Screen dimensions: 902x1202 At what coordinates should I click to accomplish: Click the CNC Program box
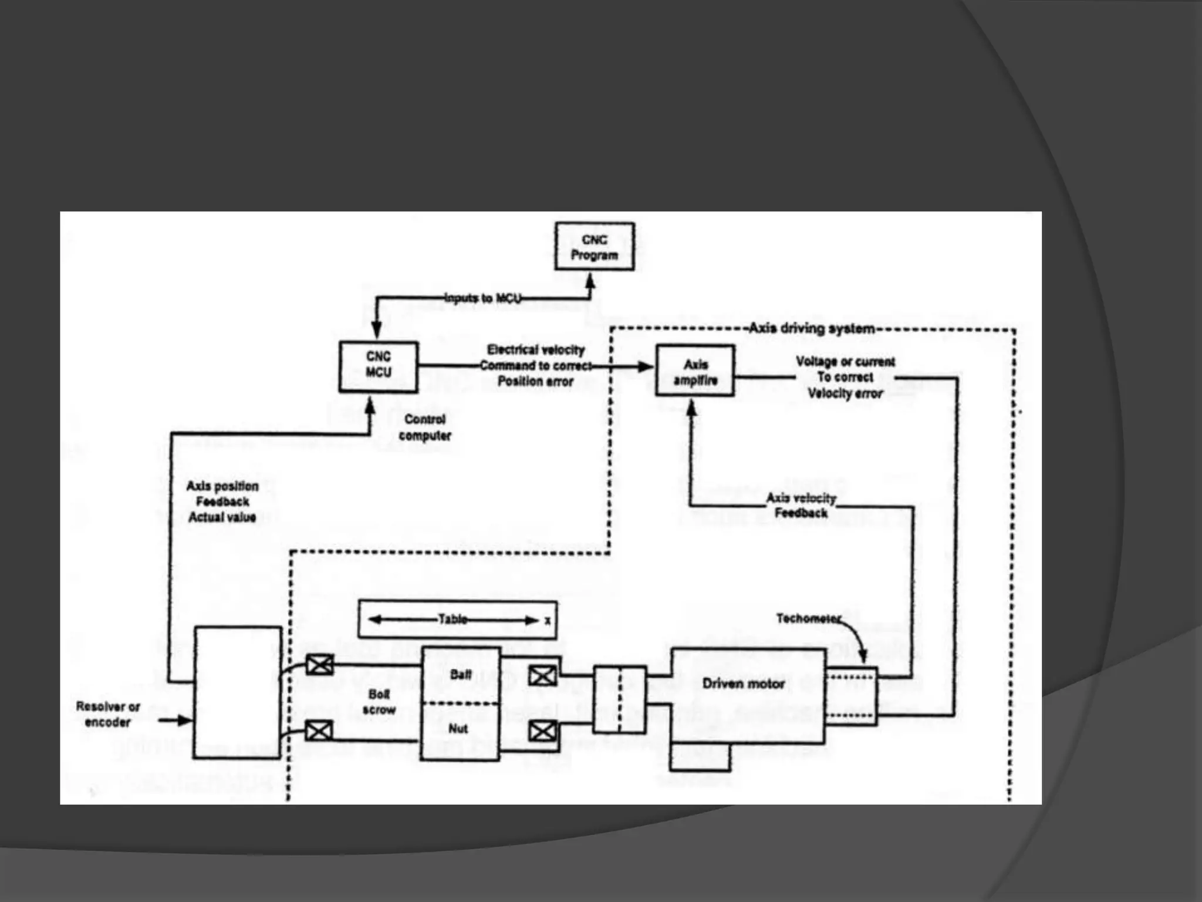tap(595, 247)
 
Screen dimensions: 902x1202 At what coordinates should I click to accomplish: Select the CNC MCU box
tap(379, 366)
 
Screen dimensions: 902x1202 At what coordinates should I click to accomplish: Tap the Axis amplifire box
tap(695, 371)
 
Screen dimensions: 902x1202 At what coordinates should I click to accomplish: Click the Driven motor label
tap(743, 684)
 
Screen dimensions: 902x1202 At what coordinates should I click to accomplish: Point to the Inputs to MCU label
tap(482, 298)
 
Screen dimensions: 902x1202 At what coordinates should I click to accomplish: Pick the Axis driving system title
tap(812, 328)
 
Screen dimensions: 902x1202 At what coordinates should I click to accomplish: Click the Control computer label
tap(425, 428)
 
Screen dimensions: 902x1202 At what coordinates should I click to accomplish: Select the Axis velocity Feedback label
tap(801, 505)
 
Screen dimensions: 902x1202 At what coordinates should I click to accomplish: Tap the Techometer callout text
tap(808, 618)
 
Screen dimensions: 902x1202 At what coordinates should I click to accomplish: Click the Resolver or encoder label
tap(108, 714)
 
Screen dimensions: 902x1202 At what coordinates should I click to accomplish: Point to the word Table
tap(453, 619)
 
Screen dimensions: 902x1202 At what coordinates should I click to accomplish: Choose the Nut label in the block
tap(458, 729)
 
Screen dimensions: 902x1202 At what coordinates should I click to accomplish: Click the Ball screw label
tap(379, 702)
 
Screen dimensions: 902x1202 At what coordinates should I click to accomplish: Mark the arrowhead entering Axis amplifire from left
tap(646, 367)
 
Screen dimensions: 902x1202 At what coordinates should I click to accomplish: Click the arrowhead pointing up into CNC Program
tap(590, 282)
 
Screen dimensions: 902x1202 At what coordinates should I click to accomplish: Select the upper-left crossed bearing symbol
tap(320, 665)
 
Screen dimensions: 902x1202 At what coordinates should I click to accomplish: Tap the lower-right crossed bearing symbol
tap(542, 732)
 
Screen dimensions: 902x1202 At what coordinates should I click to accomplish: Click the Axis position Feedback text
tap(222, 502)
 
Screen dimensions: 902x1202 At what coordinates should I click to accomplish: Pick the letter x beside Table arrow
tap(548, 620)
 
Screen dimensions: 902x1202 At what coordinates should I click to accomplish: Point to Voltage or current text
tap(845, 362)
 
